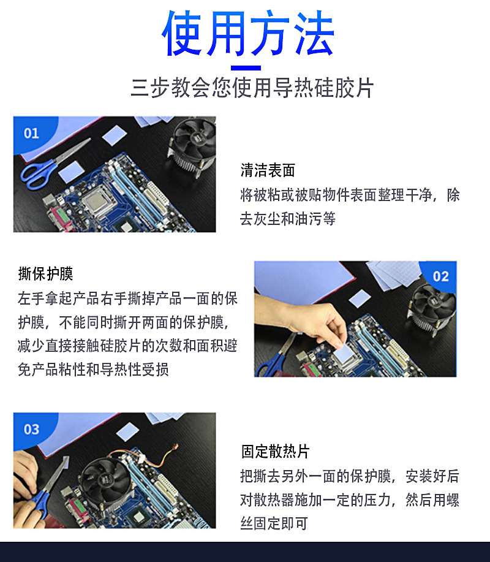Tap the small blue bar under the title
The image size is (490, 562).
[x=246, y=68]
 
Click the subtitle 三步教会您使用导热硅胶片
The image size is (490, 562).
[x=252, y=88]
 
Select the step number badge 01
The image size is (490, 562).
[x=31, y=133]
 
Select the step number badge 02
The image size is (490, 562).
[x=440, y=276]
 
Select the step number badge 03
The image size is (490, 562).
[x=31, y=429]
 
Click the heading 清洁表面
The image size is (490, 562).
[x=268, y=170]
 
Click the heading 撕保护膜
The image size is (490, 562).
[x=46, y=273]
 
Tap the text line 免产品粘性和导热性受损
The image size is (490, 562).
[x=93, y=370]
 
